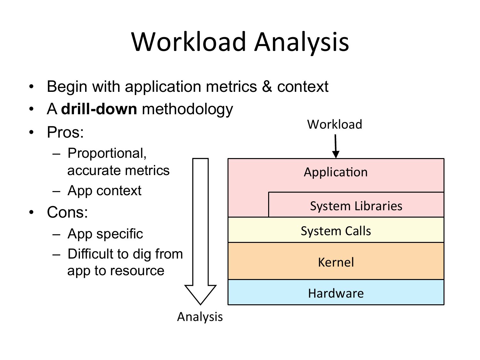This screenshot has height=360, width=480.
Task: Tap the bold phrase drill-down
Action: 99,109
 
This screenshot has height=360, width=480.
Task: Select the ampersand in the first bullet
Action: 267,86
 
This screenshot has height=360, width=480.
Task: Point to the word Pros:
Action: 65,132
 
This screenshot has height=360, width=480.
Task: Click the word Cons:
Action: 67,212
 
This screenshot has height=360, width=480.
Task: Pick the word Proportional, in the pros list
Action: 107,153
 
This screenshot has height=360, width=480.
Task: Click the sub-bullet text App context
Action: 104,191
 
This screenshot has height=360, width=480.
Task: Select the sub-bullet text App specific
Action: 105,234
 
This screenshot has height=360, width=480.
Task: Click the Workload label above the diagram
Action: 334,124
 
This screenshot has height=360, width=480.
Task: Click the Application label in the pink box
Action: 336,172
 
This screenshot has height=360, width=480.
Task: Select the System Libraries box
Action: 356,206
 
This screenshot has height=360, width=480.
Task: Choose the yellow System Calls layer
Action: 336,231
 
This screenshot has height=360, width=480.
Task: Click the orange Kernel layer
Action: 336,262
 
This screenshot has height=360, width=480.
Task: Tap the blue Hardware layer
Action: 336,293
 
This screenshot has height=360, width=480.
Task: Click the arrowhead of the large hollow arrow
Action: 201,294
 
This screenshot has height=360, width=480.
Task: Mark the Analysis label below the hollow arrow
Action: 200,317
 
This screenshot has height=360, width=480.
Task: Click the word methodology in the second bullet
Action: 187,109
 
